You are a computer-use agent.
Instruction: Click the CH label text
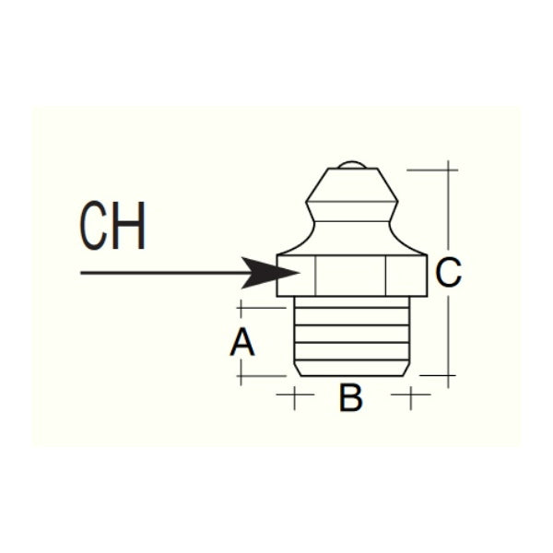tap(112, 226)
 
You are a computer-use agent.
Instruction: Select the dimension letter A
tap(241, 342)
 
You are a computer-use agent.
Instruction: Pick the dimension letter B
tap(350, 397)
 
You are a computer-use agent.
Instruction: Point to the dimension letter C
tap(448, 272)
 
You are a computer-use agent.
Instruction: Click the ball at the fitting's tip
tap(352, 165)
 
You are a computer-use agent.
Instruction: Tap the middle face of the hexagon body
tap(351, 276)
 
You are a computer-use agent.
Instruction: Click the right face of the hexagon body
tap(406, 276)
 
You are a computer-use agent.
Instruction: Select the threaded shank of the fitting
tap(352, 336)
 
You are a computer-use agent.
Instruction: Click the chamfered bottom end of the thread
tap(352, 368)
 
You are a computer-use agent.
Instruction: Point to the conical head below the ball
tap(352, 185)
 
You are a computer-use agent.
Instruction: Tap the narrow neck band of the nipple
tap(352, 212)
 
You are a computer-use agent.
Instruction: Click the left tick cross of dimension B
tap(295, 394)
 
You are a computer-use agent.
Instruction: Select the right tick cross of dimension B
tap(411, 394)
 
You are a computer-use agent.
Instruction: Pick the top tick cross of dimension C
tap(448, 170)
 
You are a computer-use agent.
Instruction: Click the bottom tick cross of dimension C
tap(448, 376)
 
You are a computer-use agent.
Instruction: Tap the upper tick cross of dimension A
tap(241, 308)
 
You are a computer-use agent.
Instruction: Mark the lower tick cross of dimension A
tap(241, 376)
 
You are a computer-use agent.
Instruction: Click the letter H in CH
tap(130, 226)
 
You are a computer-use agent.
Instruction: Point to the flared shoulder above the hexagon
tap(352, 239)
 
